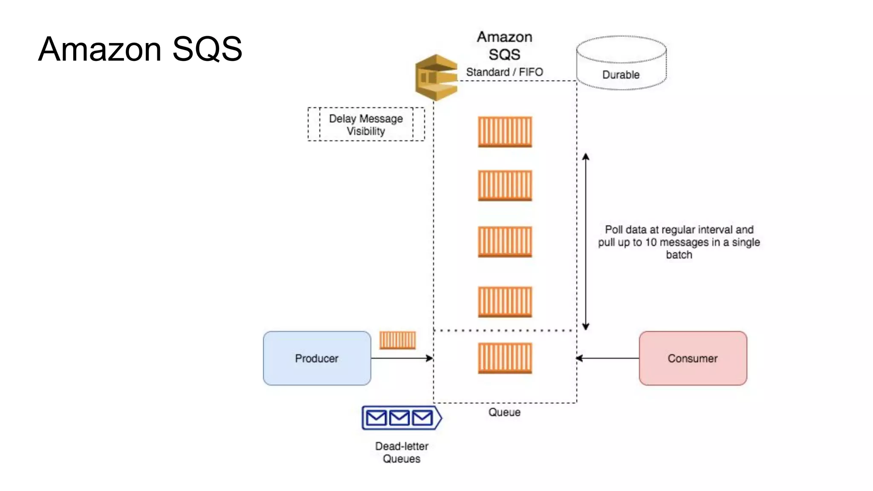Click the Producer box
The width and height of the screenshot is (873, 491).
[317, 358]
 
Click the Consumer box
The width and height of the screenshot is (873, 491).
[693, 358]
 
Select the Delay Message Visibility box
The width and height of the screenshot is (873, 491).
[366, 124]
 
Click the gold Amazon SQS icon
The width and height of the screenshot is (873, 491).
[436, 78]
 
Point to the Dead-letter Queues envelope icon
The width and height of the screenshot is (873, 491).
[401, 418]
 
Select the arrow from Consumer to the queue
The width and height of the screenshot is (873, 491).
[607, 358]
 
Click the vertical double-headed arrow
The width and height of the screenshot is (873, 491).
[586, 241]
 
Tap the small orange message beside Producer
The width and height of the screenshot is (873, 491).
[397, 340]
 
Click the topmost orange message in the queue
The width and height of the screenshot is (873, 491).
[505, 132]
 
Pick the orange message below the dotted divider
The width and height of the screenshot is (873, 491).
[505, 358]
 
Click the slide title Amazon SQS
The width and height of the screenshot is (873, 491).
[140, 49]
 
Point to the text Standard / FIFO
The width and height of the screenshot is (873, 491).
[504, 72]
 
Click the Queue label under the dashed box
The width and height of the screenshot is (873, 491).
[504, 412]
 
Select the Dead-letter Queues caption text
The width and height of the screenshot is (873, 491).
[401, 452]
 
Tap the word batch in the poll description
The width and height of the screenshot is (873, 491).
[679, 255]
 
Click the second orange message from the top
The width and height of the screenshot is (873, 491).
[505, 185]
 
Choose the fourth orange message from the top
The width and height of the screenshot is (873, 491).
[505, 302]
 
